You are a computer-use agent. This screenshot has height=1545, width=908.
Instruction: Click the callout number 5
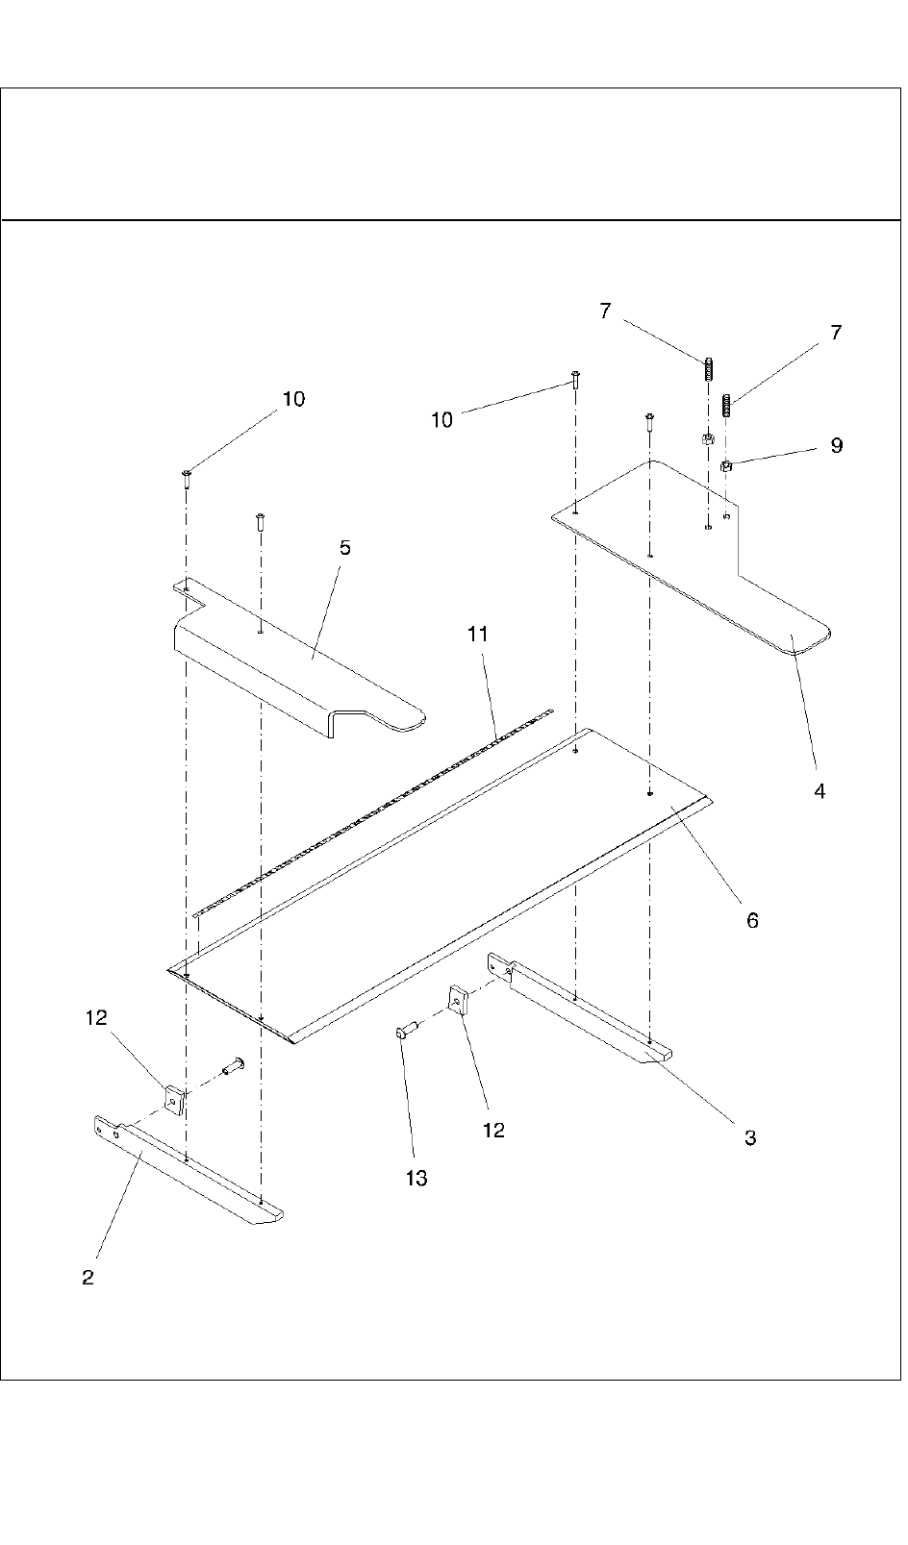point(344,548)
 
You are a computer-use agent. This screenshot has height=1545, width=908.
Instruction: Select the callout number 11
point(478,635)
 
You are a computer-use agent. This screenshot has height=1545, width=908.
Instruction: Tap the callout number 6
point(752,920)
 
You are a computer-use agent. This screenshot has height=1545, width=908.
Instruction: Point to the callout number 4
point(820,791)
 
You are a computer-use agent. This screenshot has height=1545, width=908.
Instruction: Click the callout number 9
point(836,445)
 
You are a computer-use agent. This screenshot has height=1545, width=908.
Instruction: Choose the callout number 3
point(750,1137)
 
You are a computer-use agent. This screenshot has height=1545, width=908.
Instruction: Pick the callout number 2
point(88,1278)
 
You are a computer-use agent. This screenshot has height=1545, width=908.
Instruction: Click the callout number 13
point(416,1178)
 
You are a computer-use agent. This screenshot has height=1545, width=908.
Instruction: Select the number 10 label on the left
point(293,399)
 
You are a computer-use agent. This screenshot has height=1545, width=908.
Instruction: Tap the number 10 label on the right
point(441,420)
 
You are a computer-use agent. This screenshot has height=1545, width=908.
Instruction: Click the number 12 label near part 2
point(96,1017)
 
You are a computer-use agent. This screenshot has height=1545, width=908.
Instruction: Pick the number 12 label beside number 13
point(493,1130)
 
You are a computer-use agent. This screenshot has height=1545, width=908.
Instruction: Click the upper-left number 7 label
point(605,311)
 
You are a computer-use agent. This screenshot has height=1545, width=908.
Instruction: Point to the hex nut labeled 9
point(727,466)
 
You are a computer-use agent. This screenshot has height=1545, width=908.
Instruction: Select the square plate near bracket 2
point(174,1100)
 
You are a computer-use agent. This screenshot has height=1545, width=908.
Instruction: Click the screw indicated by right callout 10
point(575,378)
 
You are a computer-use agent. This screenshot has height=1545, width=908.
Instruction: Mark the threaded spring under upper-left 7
point(709,369)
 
